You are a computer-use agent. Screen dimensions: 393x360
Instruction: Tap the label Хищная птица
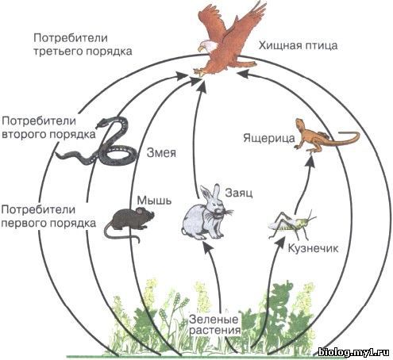[298, 45]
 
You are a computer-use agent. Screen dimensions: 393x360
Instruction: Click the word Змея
[161, 153]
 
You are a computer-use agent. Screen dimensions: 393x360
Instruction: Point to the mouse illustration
[129, 223]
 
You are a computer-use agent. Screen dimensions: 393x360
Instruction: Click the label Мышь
[154, 201]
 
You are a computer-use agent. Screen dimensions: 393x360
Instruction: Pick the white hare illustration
[207, 213]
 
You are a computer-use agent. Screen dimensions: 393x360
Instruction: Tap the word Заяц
[239, 193]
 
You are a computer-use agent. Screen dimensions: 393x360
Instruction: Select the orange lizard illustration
[326, 136]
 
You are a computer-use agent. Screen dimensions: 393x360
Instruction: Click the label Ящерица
[269, 138]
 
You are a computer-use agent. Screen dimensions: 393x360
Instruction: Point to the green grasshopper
[292, 224]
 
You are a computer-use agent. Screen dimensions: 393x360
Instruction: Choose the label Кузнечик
[313, 248]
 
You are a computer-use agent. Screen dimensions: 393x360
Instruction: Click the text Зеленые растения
[214, 324]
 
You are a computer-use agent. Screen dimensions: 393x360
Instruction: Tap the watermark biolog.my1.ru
[353, 352]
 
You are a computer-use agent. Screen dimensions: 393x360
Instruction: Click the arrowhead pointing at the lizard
[311, 160]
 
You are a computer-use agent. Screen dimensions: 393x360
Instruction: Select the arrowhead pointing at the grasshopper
[279, 242]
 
